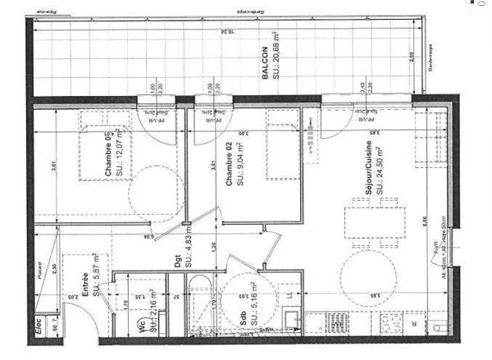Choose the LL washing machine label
click(288, 294)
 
